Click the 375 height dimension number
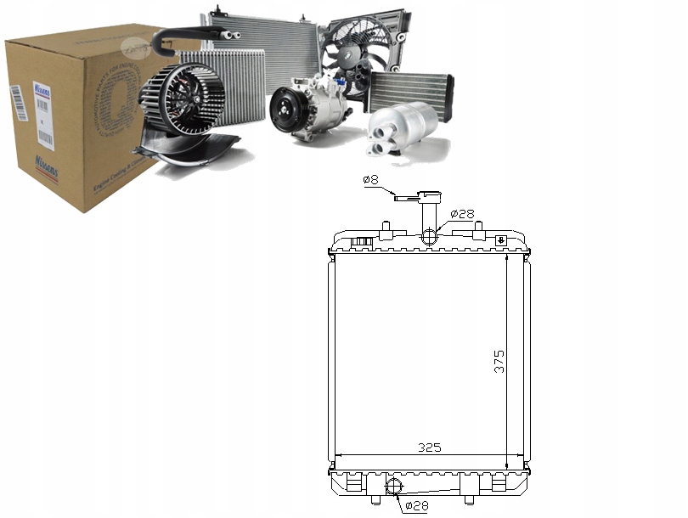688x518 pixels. [x=499, y=360]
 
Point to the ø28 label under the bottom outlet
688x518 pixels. [x=416, y=506]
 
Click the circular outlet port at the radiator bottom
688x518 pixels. [x=393, y=487]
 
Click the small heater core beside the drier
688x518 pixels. [x=410, y=89]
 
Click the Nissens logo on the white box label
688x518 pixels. [x=41, y=89]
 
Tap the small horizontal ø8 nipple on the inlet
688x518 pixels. [x=407, y=199]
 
